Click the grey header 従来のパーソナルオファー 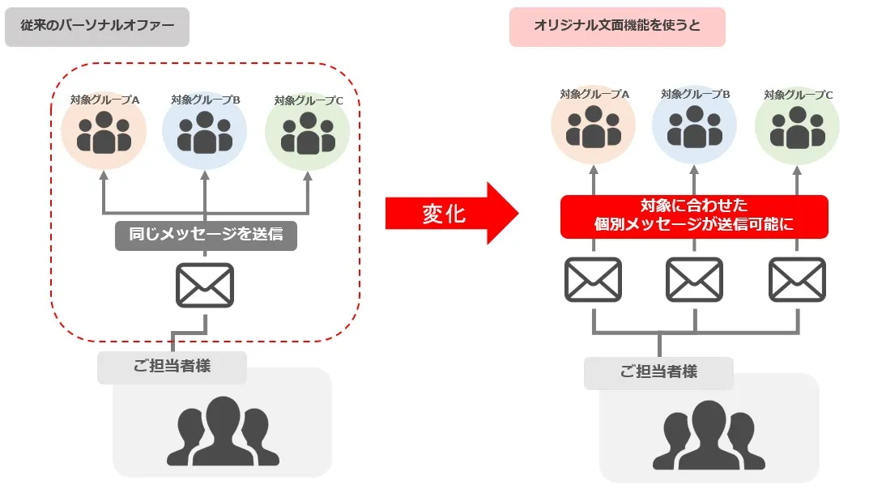coord(97,27)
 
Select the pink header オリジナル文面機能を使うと coord(617,27)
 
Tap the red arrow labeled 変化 coord(450,214)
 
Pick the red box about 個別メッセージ coord(694,216)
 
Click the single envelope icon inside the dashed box coord(205,285)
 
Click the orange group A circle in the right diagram coord(594,126)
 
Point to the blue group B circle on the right coord(695,126)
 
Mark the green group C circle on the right coord(798,126)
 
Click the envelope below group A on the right coord(593,279)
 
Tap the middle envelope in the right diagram coord(695,279)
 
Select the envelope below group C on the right coord(798,279)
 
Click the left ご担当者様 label coord(172,367)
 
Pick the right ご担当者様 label coord(658,372)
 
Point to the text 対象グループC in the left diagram coord(309,101)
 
